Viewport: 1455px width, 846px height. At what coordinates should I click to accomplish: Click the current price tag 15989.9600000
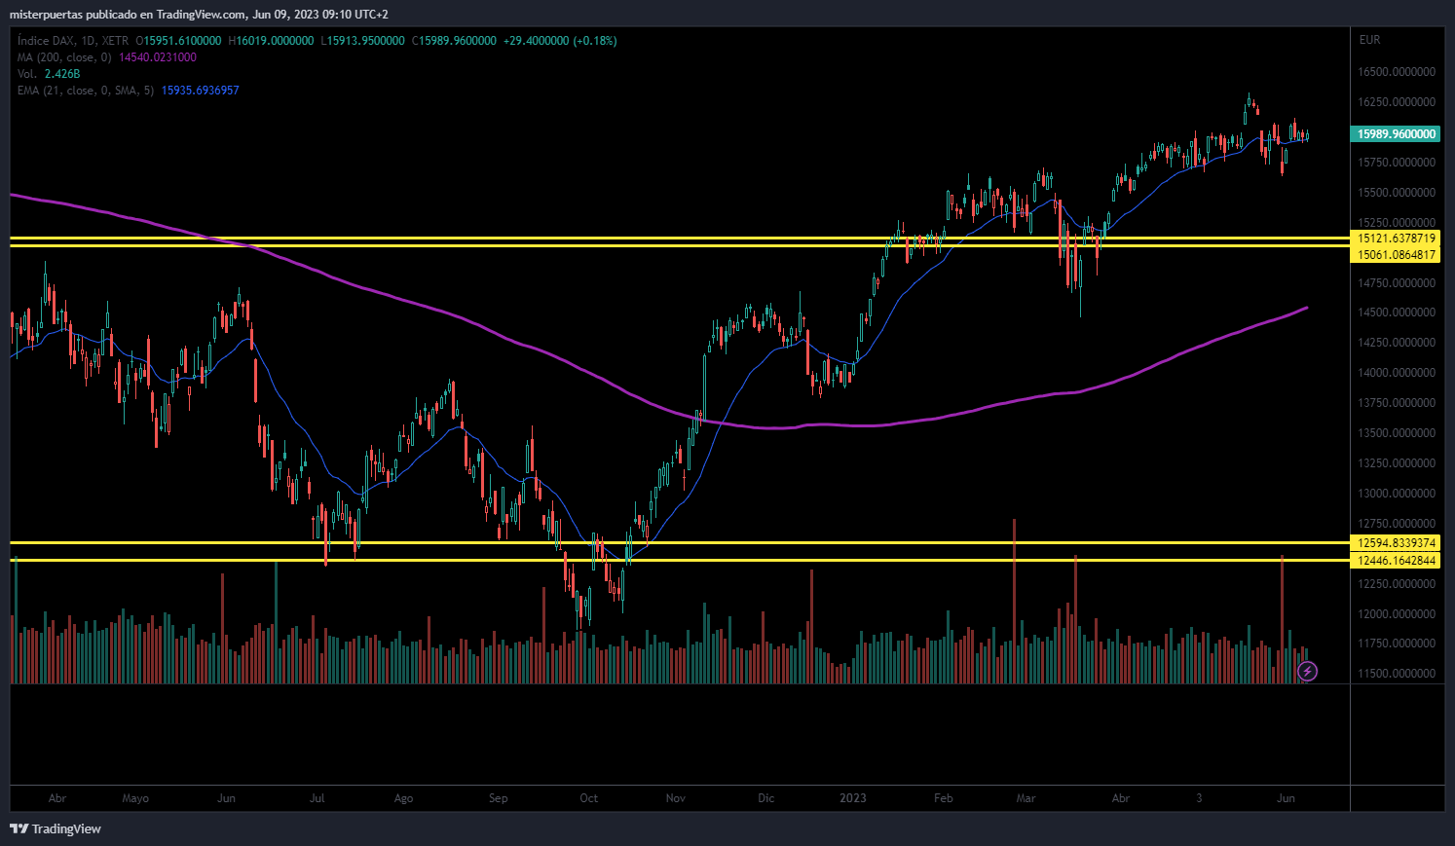point(1395,134)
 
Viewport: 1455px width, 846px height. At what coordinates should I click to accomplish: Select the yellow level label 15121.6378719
point(1395,239)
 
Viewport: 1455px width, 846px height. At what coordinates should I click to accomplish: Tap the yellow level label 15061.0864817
point(1395,254)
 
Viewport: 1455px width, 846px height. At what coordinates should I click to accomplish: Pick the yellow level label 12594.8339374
point(1395,543)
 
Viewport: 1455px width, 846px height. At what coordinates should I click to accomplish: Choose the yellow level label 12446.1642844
point(1395,561)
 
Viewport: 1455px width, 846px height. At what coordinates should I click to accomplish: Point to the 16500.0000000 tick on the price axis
point(1397,72)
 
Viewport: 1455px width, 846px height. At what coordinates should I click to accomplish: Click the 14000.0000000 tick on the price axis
point(1397,373)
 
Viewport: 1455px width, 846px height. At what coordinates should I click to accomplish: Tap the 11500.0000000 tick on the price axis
point(1397,674)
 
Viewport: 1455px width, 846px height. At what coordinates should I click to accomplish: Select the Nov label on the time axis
point(676,798)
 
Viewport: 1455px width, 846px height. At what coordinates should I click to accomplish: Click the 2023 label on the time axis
point(853,798)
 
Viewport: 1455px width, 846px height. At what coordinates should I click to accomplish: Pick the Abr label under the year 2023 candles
point(1121,798)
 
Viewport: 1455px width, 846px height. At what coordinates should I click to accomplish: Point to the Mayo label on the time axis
point(135,798)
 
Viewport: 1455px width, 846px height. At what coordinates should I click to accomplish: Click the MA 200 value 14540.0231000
point(158,57)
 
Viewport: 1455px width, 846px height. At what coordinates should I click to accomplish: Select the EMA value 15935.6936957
point(200,91)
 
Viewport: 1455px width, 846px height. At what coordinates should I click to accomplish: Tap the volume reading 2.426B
point(62,74)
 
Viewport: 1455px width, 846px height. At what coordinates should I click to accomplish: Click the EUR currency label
point(1370,40)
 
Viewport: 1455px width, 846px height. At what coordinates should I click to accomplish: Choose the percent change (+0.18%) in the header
point(594,40)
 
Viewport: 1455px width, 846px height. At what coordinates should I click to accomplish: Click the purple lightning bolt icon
point(1307,671)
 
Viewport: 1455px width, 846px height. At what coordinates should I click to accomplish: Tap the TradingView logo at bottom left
point(56,828)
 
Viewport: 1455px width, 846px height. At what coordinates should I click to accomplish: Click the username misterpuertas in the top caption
point(46,15)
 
